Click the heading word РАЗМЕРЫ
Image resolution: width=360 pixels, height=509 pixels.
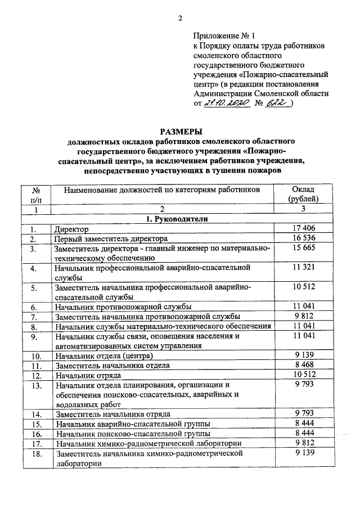179,131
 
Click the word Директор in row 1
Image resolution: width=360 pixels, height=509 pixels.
72,229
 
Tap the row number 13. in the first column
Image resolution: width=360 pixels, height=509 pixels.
37,386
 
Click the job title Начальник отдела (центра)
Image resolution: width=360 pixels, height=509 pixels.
104,356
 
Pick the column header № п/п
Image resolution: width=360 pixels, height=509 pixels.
37,194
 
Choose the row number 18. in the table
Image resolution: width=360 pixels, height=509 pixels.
37,454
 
